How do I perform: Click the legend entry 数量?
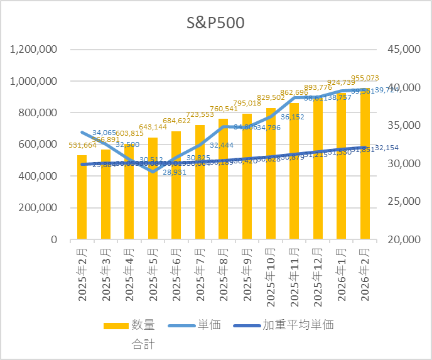click(143, 325)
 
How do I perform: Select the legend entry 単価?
click(208, 325)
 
